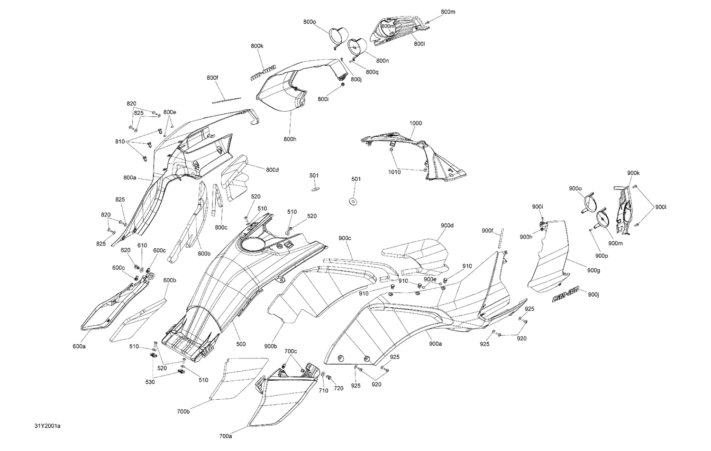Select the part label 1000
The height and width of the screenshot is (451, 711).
tap(415, 123)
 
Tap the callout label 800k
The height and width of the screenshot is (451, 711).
tap(257, 46)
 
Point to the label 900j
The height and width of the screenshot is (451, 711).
tap(593, 295)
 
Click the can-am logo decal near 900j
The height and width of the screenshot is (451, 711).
tap(566, 297)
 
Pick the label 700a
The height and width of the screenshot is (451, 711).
tap(226, 436)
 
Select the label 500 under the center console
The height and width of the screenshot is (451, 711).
tap(241, 344)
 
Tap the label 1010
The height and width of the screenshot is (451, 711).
tap(394, 172)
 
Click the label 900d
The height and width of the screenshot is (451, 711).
tap(447, 225)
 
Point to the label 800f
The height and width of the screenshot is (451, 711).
tap(212, 77)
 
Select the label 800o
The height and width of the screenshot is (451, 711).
tap(310, 22)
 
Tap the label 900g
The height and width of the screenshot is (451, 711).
tap(593, 270)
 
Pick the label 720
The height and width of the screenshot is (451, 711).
tap(338, 388)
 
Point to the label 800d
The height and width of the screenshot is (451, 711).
tap(272, 169)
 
